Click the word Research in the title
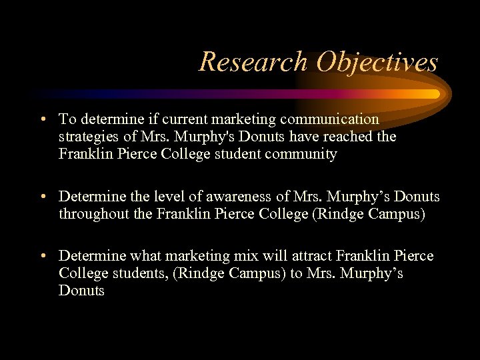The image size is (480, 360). click(x=253, y=62)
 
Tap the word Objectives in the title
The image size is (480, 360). click(x=377, y=62)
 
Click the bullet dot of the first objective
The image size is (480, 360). click(x=42, y=119)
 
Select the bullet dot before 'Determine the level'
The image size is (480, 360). click(x=42, y=197)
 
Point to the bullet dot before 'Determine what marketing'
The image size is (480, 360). click(x=42, y=256)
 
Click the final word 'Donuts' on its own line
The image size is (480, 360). click(x=81, y=291)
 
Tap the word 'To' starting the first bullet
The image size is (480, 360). click(x=67, y=119)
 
